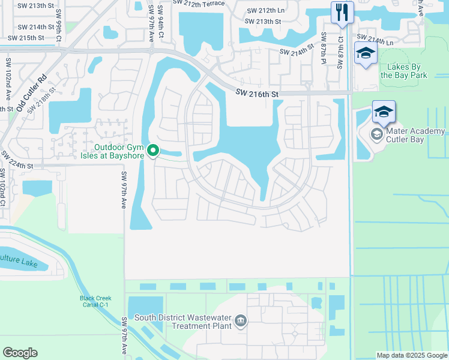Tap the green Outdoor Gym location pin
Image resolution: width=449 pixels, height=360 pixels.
153,151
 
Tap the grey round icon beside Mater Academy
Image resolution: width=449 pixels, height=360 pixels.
377,134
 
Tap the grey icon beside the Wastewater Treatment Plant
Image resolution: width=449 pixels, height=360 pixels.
240,321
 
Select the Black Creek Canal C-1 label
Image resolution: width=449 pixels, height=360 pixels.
94,301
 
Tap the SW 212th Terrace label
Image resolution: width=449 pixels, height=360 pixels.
199,3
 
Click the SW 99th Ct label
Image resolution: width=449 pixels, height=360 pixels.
59,32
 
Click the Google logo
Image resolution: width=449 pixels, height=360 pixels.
20,353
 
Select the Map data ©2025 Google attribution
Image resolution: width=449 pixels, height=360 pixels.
411,355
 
